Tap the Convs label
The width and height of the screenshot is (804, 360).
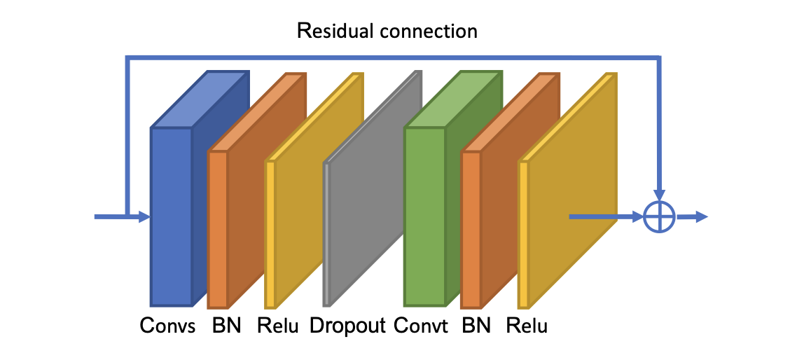[x=167, y=326]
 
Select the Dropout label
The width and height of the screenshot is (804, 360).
[x=347, y=326]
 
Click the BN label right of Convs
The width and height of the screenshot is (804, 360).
[x=226, y=326]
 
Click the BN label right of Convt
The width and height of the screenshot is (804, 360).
[x=477, y=326]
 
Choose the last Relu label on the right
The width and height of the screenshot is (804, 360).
[x=527, y=326]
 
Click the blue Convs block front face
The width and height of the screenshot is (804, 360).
[x=172, y=216]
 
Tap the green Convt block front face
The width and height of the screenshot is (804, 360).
[x=425, y=216]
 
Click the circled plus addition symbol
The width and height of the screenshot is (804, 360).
[x=659, y=216]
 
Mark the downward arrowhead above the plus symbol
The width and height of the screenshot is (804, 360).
[x=659, y=193]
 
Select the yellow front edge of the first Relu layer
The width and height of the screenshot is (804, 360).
[x=270, y=235]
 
